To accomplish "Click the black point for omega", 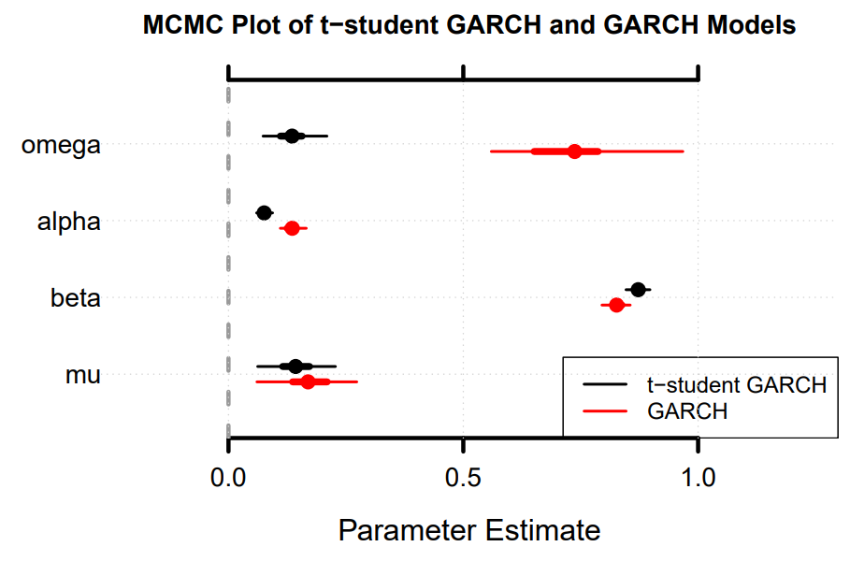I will (x=292, y=136).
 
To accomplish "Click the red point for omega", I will (x=574, y=151).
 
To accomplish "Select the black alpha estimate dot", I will (x=264, y=213).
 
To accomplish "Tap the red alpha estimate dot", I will (x=292, y=228).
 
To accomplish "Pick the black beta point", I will (x=638, y=290).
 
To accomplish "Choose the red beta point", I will (x=616, y=305).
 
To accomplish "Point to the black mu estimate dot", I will (x=295, y=367).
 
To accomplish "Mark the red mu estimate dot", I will (x=308, y=381).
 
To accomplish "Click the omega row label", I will (x=61, y=146).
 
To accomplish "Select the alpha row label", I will (x=68, y=223).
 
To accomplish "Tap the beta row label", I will (x=75, y=299).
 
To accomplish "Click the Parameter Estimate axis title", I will (x=468, y=531).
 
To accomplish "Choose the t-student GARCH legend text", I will (x=737, y=385).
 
